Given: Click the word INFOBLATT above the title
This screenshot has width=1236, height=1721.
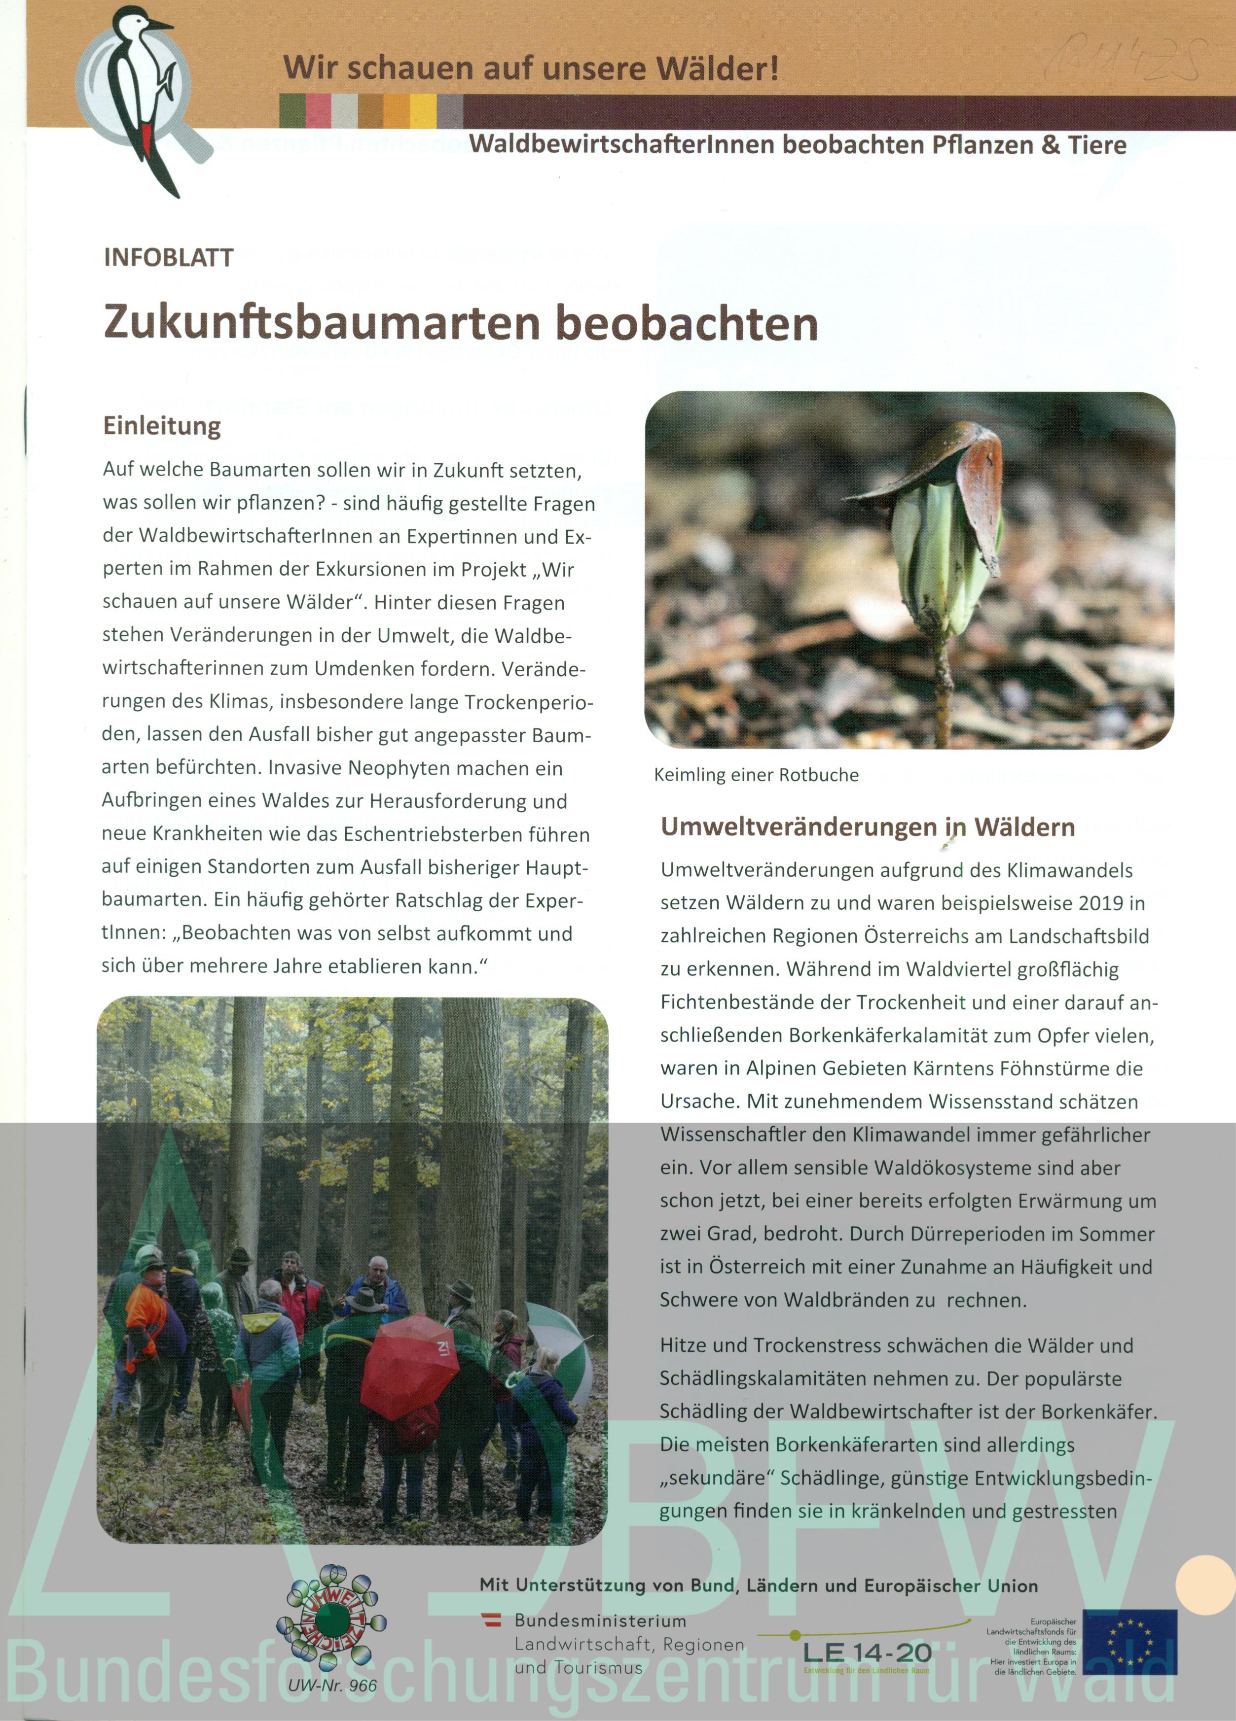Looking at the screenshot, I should tap(169, 258).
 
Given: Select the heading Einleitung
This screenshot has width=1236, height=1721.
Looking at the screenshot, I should tap(162, 426).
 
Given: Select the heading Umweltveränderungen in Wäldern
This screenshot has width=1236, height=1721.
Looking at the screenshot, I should tap(867, 827).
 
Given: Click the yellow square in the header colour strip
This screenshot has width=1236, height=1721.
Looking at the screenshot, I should tap(423, 111).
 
